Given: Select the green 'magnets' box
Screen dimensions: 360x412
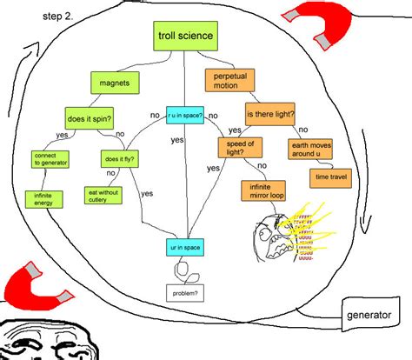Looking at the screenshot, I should pos(115,83).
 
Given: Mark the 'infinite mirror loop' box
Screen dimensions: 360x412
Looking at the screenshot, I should pos(262,191).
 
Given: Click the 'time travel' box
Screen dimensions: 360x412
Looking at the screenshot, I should pos(329,177).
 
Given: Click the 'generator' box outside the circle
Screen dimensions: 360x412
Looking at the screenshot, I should pos(368,313).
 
